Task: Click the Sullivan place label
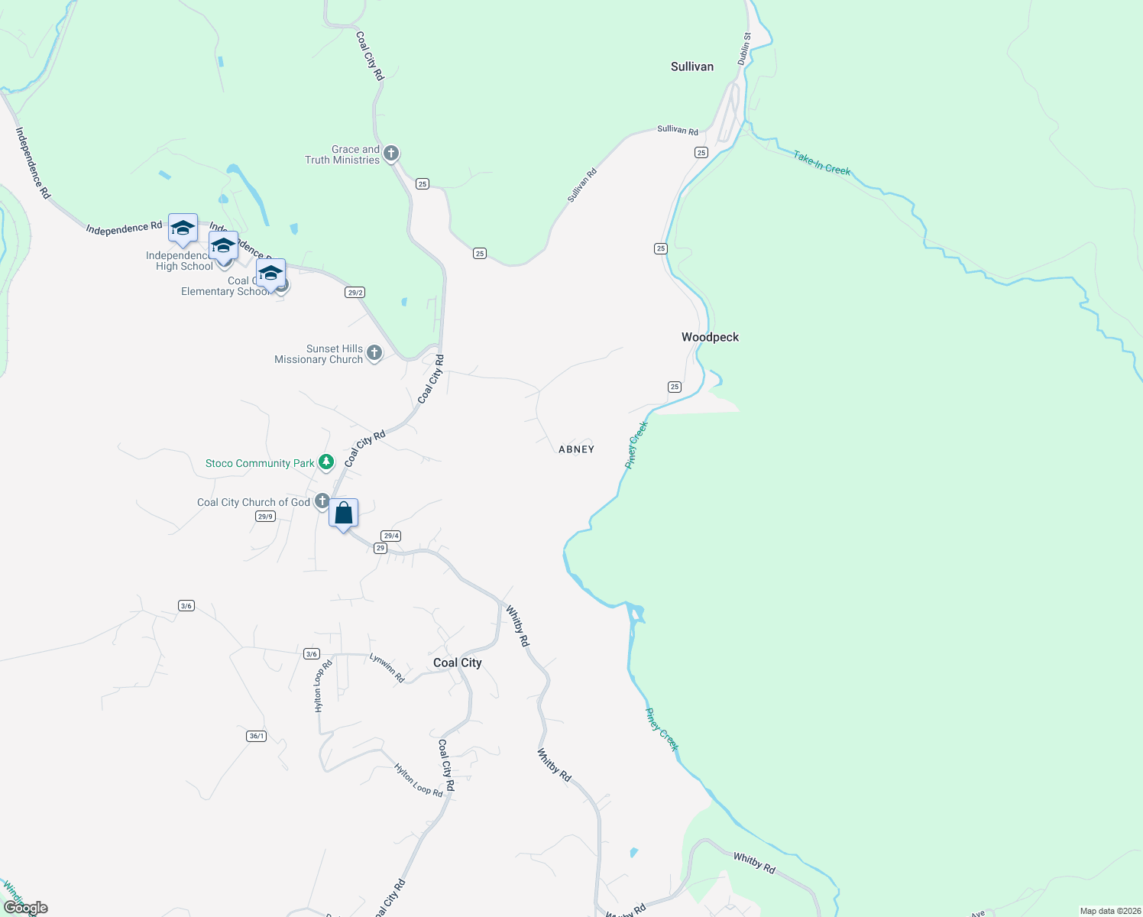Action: tap(692, 66)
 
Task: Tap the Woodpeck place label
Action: tap(710, 337)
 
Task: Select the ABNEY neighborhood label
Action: tap(576, 449)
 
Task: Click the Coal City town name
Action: tap(458, 663)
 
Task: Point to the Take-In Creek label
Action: tap(821, 163)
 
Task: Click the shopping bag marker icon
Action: tap(344, 513)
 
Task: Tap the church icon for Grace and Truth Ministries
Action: tap(391, 154)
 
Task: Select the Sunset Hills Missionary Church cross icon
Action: tap(374, 353)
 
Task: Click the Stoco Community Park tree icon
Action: tap(326, 462)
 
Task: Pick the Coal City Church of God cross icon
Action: tap(322, 502)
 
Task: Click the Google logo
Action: tap(26, 908)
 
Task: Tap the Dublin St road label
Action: tap(744, 47)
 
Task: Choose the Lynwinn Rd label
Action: tap(387, 667)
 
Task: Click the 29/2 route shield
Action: tap(355, 292)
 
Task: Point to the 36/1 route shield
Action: tap(257, 736)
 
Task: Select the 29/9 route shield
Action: tap(265, 517)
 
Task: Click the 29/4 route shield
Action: tap(391, 536)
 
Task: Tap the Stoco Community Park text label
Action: tap(260, 463)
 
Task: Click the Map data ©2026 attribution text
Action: tap(1108, 911)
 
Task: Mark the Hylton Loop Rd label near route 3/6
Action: tap(322, 685)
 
